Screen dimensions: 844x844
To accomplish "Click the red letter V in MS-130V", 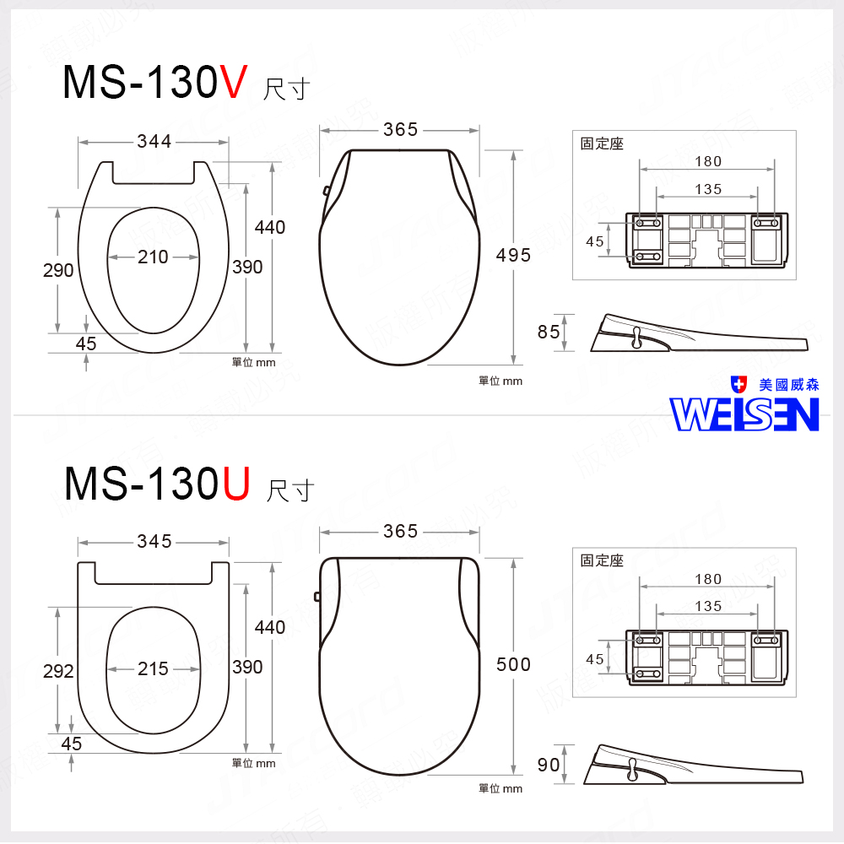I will (x=234, y=83).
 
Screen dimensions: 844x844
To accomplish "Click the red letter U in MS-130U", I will (x=235, y=484).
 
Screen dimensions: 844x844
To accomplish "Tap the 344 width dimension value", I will (x=154, y=142).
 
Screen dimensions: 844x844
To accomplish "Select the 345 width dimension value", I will (x=154, y=542).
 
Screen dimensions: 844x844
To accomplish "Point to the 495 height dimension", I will (x=513, y=255).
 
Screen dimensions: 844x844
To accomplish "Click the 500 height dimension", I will (x=513, y=665).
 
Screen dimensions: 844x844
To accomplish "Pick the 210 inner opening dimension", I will (x=154, y=257).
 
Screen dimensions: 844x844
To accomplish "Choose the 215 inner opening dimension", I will (x=154, y=668).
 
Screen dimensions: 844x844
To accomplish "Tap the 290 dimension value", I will (x=58, y=271).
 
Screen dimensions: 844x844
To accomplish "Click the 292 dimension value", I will (x=58, y=672).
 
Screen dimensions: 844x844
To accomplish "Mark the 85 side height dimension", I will (x=549, y=333).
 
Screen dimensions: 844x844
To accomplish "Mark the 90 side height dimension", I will (x=549, y=765).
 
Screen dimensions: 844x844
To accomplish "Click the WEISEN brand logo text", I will (x=744, y=414).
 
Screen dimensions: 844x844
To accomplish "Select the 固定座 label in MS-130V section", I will (x=602, y=143).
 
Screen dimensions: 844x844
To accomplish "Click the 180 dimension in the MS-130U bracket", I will (x=708, y=579).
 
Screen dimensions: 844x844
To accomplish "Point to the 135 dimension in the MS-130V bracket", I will (x=708, y=189).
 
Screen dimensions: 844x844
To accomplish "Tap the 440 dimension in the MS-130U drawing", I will (x=270, y=627).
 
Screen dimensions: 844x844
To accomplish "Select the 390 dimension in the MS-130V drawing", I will (x=247, y=268).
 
